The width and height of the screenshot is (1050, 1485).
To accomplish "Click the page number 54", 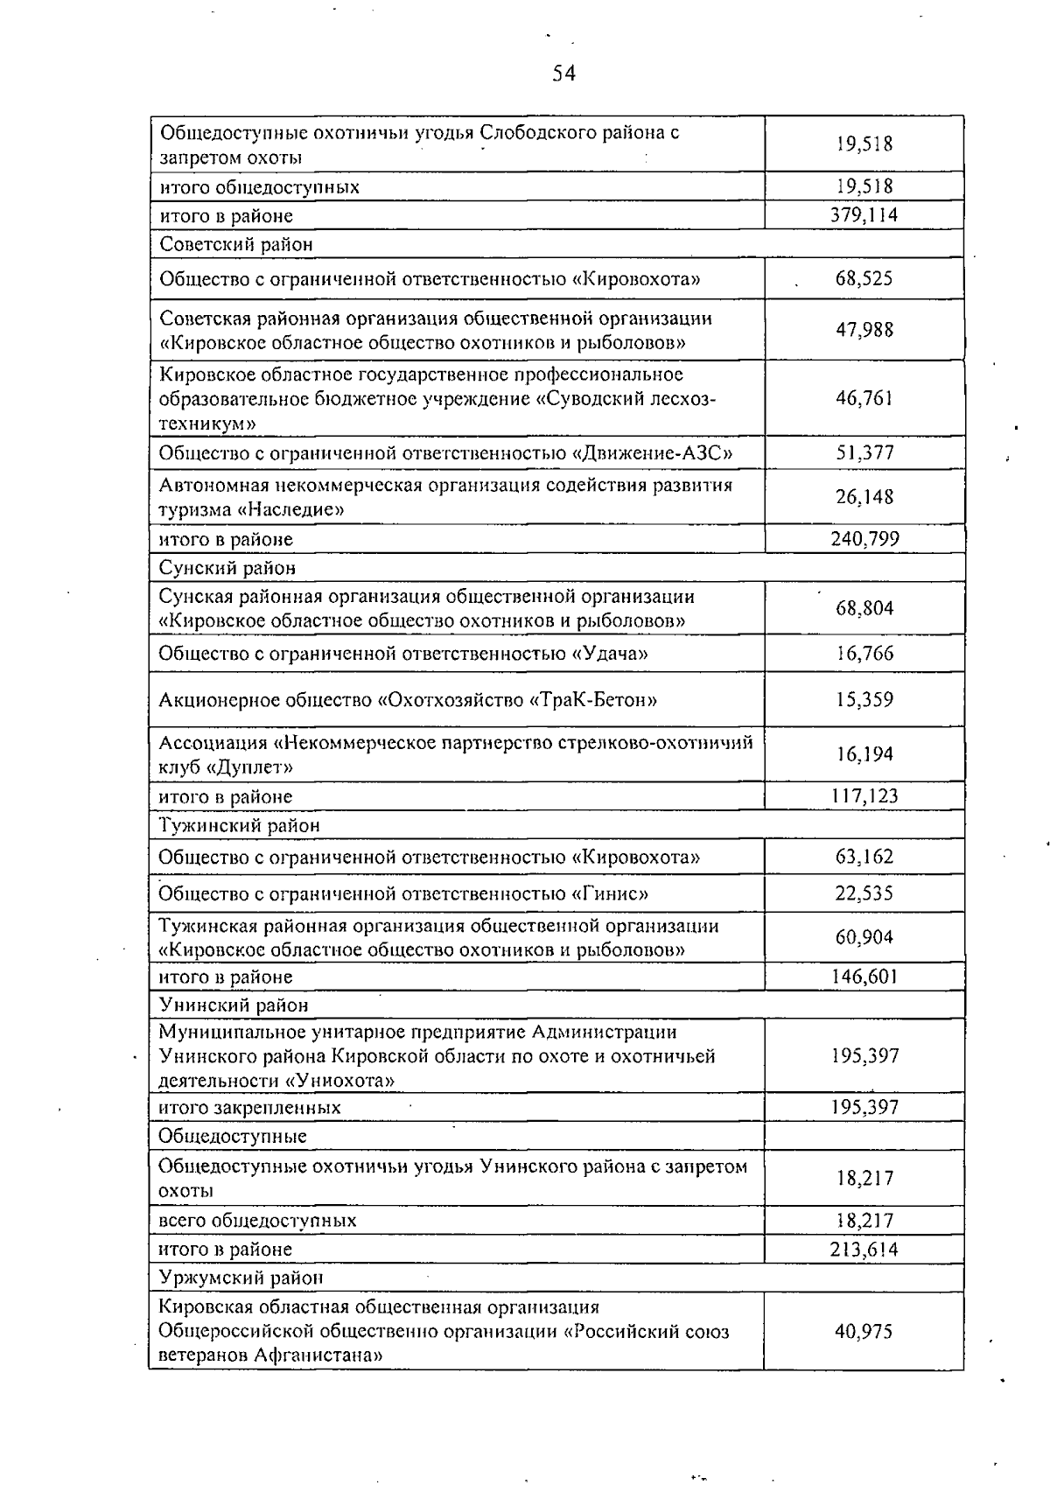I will tap(563, 74).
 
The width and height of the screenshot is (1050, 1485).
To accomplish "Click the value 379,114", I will tap(864, 215).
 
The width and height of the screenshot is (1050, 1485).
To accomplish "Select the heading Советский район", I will tap(235, 244).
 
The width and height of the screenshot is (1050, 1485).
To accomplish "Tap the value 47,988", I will tap(864, 330).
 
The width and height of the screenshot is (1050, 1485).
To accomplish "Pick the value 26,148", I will tap(864, 497).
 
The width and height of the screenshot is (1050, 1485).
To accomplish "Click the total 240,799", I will tap(864, 539).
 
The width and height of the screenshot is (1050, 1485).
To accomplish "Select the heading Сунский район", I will tap(227, 568).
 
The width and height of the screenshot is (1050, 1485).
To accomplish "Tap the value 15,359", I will tap(864, 700).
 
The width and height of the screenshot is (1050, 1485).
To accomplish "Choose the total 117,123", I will tap(864, 796).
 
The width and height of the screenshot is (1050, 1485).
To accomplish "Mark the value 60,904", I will tap(864, 938).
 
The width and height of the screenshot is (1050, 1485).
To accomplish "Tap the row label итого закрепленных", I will tap(249, 1108).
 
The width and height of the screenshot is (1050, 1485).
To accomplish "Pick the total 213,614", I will tap(864, 1250).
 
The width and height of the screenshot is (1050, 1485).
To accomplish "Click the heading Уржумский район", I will tap(241, 1278).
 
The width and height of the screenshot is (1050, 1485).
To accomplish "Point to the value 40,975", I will tap(864, 1332).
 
